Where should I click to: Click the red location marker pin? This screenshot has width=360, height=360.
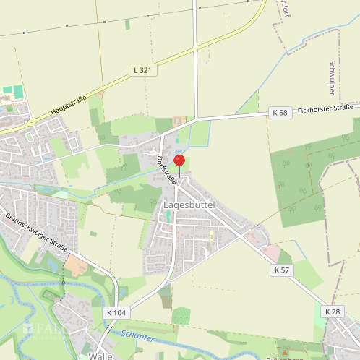coord(179,161)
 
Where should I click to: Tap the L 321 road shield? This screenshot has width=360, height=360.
coord(143,69)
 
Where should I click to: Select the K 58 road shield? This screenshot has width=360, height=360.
coord(280,113)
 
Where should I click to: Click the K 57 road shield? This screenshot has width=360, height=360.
coord(282,269)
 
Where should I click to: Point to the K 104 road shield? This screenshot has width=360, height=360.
coord(115,312)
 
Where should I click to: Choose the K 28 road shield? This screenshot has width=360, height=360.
coord(333,312)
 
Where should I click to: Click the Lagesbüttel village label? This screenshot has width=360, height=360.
coord(190,206)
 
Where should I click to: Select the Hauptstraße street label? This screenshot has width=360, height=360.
coord(69,105)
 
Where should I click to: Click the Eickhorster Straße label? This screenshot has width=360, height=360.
coord(326,108)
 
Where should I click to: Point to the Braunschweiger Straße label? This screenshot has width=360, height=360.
coord(36,233)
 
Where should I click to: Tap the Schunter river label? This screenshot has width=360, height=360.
coord(137,335)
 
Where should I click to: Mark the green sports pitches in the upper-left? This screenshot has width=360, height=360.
coord(13,93)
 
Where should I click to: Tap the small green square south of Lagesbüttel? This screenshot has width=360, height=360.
coord(181,316)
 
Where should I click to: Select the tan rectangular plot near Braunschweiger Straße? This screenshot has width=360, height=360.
coord(78,265)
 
